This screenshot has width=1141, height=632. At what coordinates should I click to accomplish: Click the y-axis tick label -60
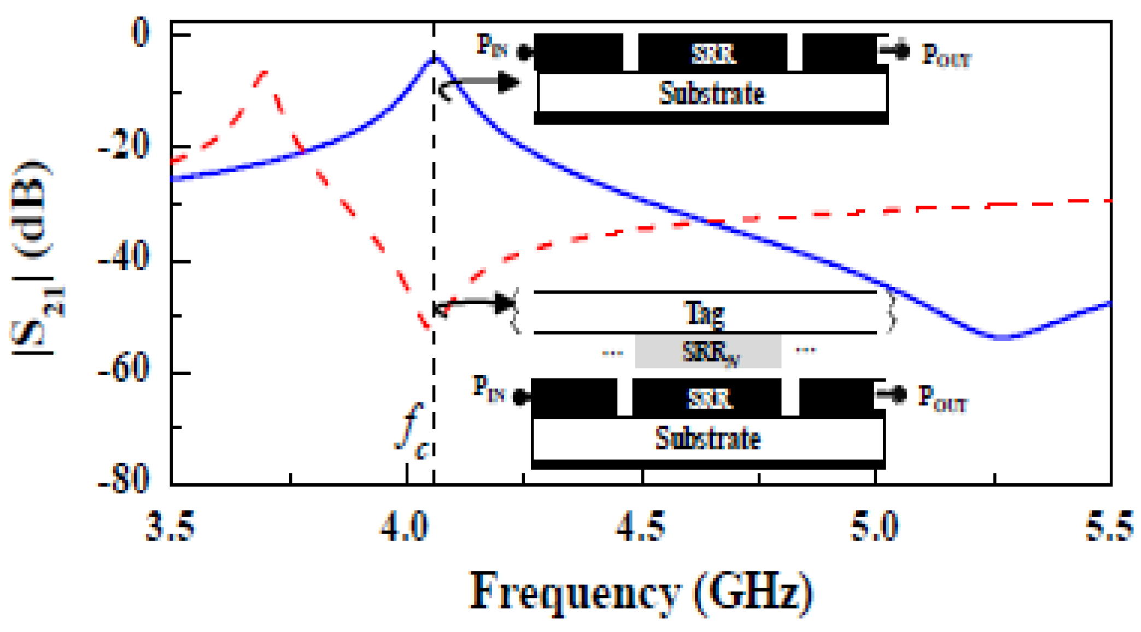124,368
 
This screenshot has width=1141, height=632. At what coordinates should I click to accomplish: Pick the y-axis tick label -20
124,147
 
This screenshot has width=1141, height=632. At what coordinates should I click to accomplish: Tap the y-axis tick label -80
124,479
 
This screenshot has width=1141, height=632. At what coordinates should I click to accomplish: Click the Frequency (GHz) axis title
641,593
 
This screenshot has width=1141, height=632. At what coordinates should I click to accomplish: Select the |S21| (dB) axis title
34,257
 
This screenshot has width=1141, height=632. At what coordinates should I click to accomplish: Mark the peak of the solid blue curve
435,57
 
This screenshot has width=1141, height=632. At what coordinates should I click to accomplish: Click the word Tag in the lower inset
704,313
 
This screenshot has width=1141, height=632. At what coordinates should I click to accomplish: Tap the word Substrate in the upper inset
711,93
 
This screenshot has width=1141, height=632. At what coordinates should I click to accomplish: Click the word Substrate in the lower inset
708,438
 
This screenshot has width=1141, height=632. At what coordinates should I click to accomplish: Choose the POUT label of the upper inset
946,55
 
